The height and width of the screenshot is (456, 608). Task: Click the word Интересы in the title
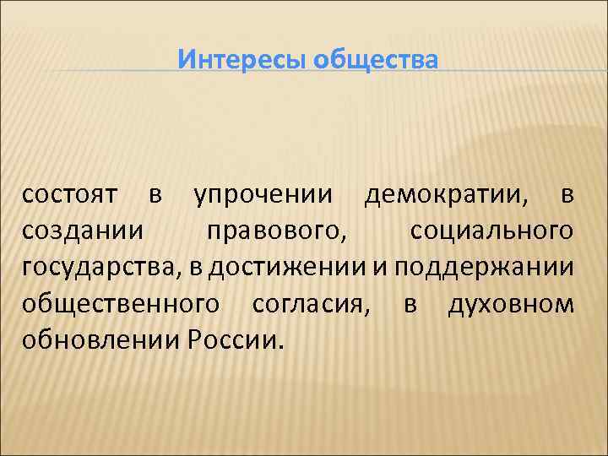click(242, 61)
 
